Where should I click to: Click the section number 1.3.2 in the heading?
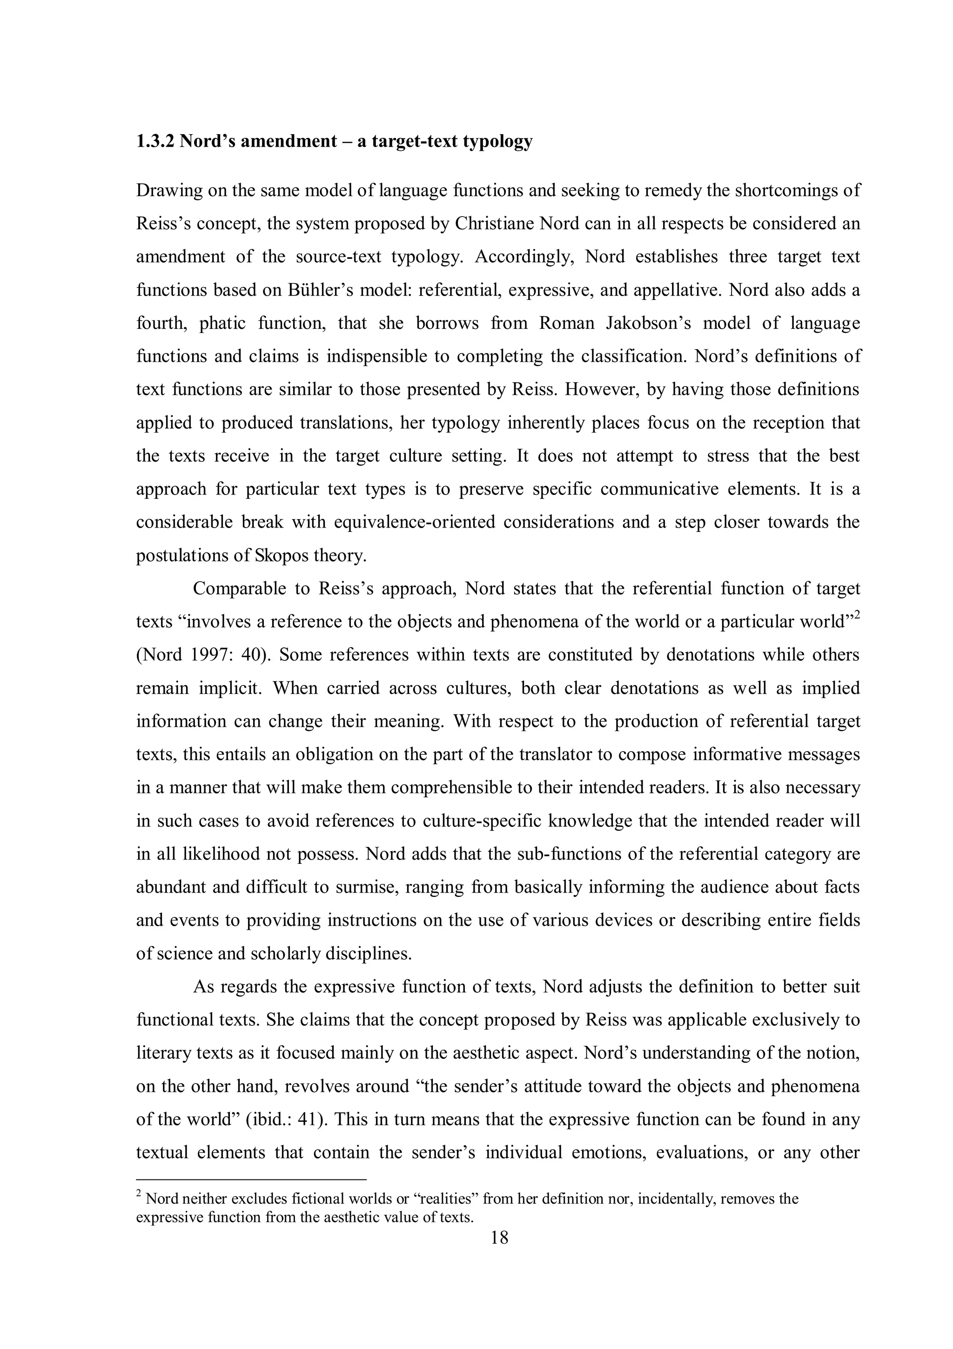[x=155, y=142]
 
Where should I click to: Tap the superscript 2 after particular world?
[x=857, y=615]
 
